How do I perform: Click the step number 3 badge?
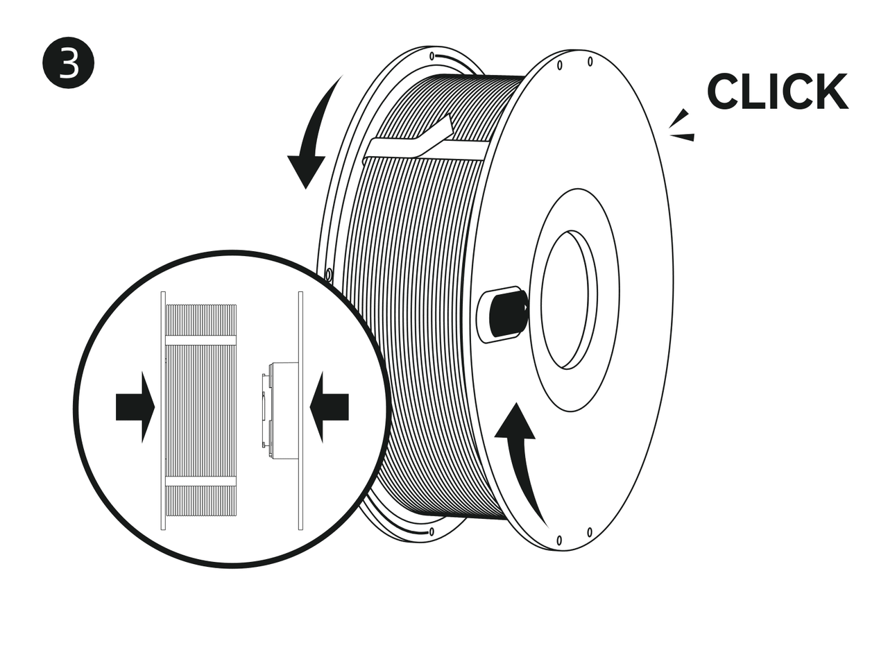[x=68, y=62]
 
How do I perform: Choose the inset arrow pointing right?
[x=135, y=407]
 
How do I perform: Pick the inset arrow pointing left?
[x=329, y=407]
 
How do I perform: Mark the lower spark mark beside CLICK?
[x=683, y=137]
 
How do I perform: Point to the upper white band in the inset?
[x=200, y=340]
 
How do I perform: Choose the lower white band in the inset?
[x=200, y=481]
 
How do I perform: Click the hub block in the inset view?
[x=280, y=411]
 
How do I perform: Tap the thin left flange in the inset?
[x=163, y=411]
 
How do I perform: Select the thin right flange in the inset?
[x=300, y=411]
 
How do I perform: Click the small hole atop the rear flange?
[x=432, y=56]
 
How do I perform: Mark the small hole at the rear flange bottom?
[x=432, y=532]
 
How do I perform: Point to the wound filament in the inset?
[x=200, y=411]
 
